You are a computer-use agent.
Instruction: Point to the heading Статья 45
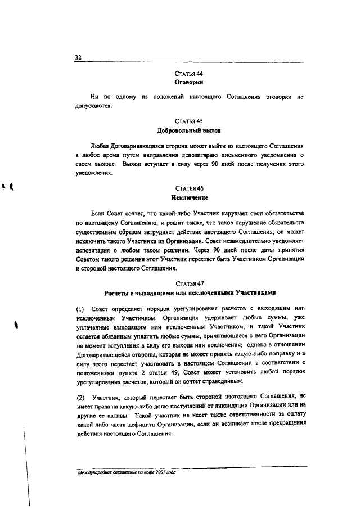189,121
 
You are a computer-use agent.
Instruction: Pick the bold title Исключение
189,198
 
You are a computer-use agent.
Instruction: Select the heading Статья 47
189,283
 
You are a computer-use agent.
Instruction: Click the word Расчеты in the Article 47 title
118,293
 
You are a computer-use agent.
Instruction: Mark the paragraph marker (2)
80,398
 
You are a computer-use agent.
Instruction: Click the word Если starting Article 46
97,213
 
